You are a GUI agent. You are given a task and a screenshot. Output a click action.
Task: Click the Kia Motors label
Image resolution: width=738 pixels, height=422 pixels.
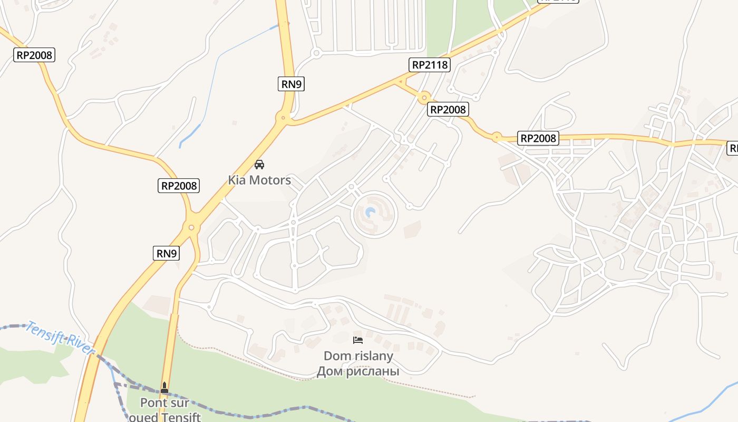259,180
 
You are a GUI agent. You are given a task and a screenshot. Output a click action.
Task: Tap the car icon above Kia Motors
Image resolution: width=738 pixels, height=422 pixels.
259,165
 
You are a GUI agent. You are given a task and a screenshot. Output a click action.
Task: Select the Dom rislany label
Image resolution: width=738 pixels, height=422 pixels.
358,356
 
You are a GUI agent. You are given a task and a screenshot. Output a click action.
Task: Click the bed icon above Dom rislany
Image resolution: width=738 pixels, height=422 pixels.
358,340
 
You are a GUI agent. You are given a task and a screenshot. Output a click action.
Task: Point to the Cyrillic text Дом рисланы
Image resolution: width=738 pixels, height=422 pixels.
358,371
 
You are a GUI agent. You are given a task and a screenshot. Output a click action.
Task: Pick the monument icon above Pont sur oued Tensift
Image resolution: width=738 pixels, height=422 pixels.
164,388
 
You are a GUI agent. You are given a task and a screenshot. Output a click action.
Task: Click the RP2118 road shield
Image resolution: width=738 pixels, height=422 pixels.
430,65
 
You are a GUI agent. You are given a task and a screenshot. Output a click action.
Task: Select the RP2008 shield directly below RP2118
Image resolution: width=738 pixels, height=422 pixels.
448,109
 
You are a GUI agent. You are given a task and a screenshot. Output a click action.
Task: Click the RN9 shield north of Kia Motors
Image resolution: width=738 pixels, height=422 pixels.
292,83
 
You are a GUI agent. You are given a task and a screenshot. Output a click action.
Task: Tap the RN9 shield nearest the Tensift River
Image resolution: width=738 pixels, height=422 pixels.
167,253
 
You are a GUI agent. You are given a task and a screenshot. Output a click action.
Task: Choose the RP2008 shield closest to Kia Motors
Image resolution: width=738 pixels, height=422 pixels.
179,186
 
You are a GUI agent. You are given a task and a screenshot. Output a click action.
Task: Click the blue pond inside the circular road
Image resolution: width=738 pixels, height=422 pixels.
371,213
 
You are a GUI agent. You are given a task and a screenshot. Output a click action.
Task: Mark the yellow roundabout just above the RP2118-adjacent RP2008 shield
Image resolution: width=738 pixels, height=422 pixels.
423,98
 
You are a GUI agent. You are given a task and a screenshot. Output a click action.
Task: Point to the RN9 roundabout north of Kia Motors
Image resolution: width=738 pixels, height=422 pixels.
283,118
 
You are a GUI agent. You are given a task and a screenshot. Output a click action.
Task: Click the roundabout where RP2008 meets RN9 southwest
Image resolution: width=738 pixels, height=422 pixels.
191,228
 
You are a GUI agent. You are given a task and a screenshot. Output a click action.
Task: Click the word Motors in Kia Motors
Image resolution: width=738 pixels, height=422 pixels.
271,180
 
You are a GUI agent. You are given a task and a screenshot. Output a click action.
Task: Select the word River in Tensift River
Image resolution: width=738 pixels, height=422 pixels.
79,345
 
